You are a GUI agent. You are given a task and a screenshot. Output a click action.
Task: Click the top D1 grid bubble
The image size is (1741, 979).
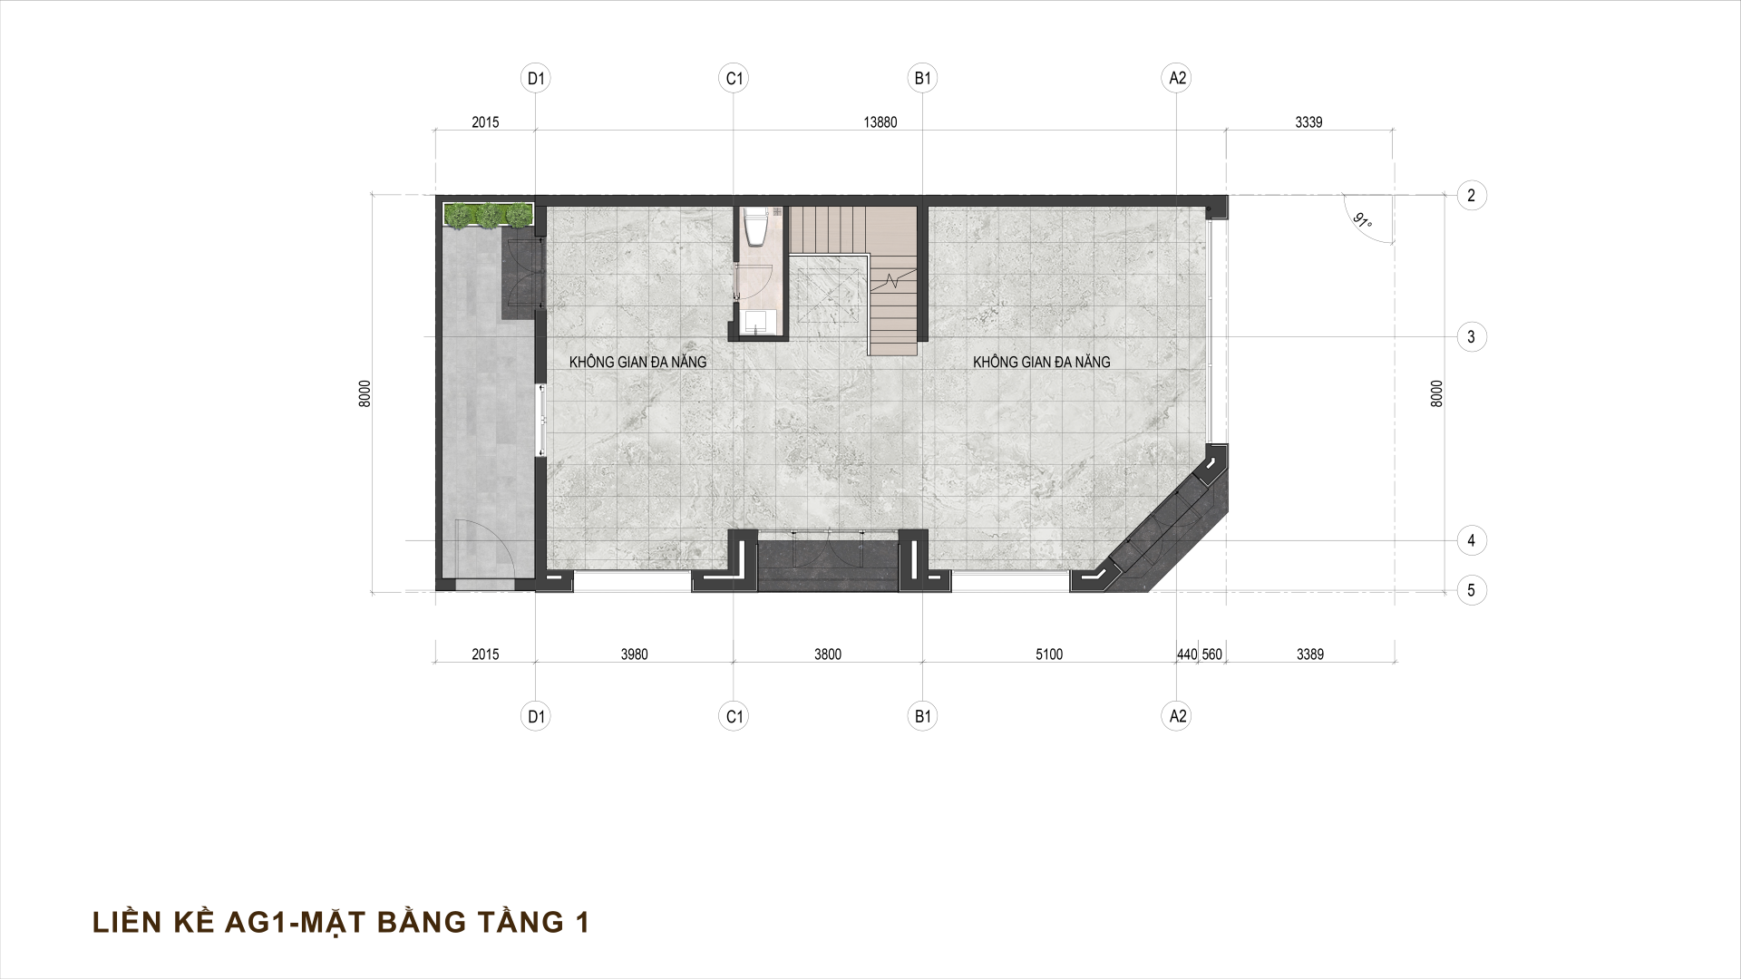(x=537, y=79)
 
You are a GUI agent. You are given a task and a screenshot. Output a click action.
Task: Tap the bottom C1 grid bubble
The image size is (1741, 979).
(x=734, y=717)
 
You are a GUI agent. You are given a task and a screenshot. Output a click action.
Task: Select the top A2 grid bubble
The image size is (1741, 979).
(x=1177, y=79)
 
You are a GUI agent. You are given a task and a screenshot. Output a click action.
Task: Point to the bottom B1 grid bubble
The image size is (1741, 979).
(x=923, y=717)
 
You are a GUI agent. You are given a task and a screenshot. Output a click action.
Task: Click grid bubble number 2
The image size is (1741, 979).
(x=1471, y=195)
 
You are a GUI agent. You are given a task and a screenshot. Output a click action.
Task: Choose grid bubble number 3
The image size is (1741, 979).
(x=1471, y=337)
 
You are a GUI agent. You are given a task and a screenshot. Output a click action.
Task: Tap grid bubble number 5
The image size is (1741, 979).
(x=1471, y=591)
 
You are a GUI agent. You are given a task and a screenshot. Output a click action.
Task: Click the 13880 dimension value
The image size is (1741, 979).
(x=880, y=122)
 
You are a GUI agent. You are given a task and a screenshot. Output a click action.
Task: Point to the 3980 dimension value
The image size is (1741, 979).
(x=635, y=654)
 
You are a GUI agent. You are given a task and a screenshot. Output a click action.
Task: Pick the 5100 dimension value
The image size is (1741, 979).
(x=1049, y=654)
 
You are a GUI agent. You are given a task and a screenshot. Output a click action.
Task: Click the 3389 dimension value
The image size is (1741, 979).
(x=1310, y=654)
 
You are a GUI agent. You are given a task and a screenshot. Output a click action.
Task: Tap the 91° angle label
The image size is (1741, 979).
(x=1362, y=221)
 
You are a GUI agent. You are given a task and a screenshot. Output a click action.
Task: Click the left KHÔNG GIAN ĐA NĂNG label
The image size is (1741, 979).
(x=637, y=362)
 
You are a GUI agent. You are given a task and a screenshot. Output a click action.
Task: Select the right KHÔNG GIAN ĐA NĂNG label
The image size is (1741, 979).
(x=1042, y=362)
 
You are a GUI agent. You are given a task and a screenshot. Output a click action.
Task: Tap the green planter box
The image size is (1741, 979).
(x=488, y=215)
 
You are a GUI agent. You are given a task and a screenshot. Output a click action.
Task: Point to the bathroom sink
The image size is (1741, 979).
(x=755, y=321)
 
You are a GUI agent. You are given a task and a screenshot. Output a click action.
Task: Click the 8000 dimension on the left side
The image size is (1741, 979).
(x=364, y=394)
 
